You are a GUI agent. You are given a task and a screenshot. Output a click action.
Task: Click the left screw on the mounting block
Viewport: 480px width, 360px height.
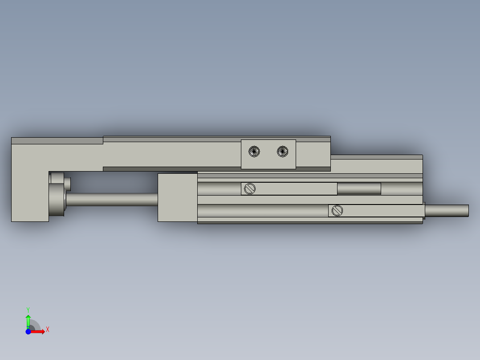[254, 151]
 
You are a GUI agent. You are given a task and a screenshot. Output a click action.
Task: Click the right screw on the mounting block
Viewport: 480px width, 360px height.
[282, 151]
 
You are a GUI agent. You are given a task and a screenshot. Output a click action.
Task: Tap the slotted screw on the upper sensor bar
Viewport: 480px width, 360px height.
[250, 188]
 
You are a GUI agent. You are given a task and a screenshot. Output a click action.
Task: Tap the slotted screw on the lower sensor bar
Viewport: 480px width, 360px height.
[337, 210]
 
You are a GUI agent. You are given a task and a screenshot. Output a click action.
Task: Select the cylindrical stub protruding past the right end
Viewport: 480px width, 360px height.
[447, 210]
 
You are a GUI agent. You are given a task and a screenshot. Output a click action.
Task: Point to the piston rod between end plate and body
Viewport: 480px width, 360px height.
[111, 199]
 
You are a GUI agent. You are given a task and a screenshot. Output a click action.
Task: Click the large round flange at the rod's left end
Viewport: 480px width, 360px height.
[57, 200]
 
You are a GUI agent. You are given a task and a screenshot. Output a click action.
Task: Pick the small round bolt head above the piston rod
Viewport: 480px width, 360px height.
[67, 183]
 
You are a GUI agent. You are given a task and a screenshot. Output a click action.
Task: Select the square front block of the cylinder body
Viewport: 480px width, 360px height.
[177, 197]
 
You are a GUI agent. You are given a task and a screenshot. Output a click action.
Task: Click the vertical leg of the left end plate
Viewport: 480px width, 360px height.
[29, 196]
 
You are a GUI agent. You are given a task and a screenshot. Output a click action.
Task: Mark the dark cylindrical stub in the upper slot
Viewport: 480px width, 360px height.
[359, 189]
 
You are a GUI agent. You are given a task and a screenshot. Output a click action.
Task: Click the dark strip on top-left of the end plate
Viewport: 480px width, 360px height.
[57, 141]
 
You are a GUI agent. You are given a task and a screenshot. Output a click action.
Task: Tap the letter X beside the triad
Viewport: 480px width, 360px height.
[47, 330]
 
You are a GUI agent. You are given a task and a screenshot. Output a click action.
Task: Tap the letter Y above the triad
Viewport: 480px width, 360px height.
[28, 309]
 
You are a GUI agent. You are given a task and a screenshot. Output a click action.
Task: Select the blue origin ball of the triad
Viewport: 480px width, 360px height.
[28, 331]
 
